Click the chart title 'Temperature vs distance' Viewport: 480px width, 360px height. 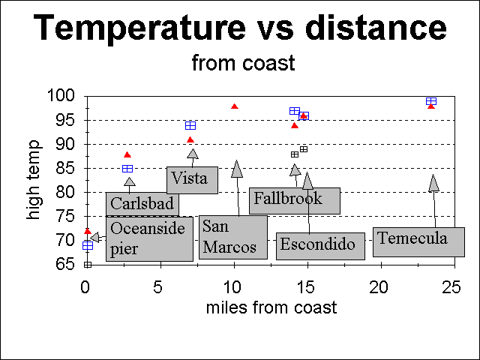pyautogui.click(x=241, y=28)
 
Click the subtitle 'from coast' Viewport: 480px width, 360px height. pyautogui.click(x=243, y=63)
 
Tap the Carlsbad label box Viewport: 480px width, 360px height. pyautogui.click(x=142, y=203)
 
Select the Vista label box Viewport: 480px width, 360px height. pyautogui.click(x=191, y=179)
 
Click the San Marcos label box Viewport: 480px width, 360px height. pyautogui.click(x=232, y=237)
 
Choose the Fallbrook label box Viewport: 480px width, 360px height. pyautogui.click(x=294, y=199)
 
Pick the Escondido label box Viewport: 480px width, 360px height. pyautogui.click(x=320, y=245)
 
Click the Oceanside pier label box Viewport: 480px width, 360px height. pyautogui.click(x=149, y=238)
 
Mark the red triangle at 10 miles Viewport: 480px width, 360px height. pyautogui.click(x=235, y=106)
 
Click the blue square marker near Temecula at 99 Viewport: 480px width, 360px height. pyautogui.click(x=431, y=100)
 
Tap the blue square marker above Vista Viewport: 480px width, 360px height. pyautogui.click(x=190, y=125)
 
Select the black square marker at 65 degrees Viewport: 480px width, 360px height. pyautogui.click(x=88, y=264)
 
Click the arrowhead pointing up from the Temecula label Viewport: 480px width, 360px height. pyautogui.click(x=433, y=183)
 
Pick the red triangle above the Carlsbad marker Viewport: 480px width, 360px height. pyautogui.click(x=127, y=154)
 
